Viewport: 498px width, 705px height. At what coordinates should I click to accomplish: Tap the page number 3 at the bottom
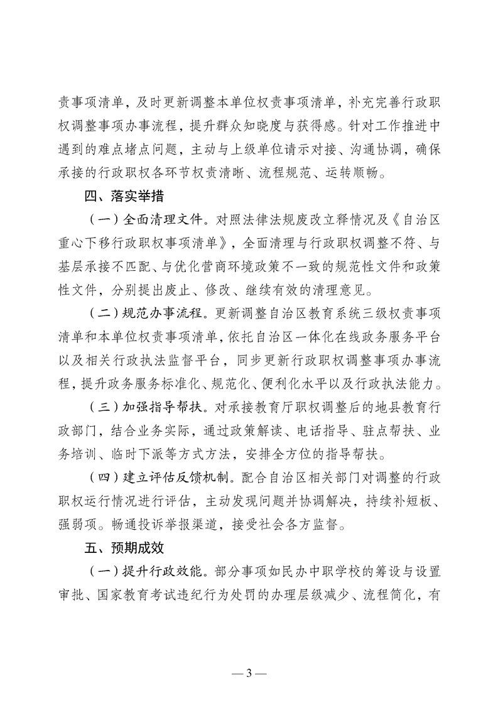[249, 675]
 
